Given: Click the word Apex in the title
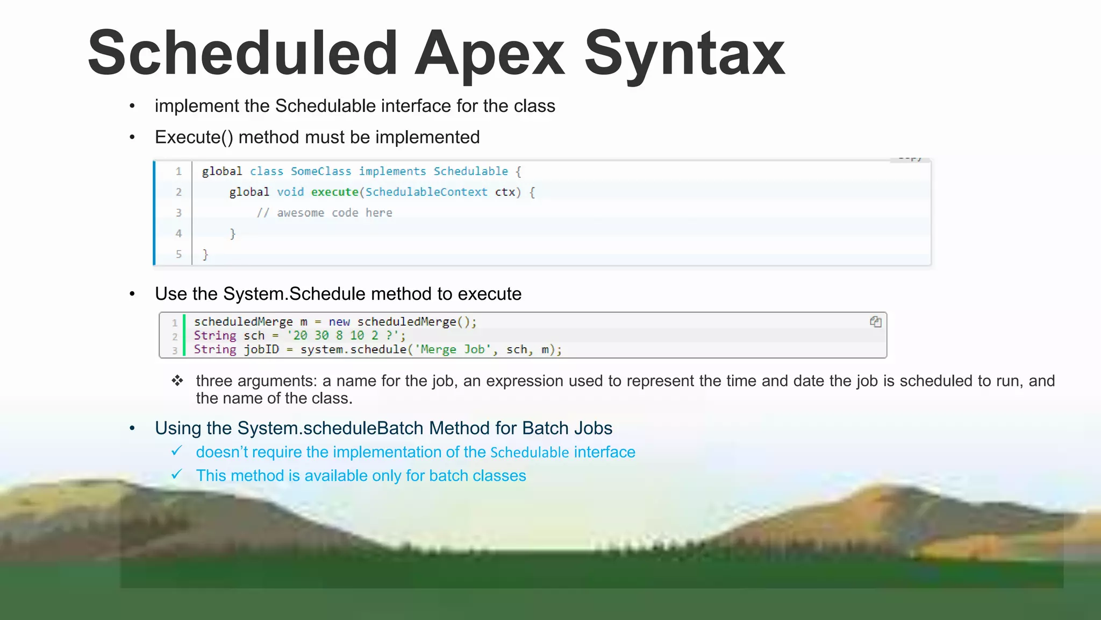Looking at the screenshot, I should pyautogui.click(x=489, y=54).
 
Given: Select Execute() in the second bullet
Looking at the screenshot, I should pyautogui.click(x=194, y=137).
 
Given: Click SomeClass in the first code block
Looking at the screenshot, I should pyautogui.click(x=321, y=171).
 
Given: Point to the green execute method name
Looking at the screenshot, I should pyautogui.click(x=334, y=192).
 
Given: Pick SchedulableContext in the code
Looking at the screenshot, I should pyautogui.click(x=426, y=192).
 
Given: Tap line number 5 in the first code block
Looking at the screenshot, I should pyautogui.click(x=178, y=254).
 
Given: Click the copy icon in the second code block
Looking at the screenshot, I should pyautogui.click(x=875, y=322).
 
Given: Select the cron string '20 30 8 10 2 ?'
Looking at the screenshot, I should pyautogui.click(x=344, y=335).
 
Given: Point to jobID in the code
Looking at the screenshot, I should pyautogui.click(x=261, y=349).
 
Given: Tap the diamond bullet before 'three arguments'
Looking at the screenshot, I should pyautogui.click(x=177, y=381).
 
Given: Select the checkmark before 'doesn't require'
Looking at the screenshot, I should pyautogui.click(x=177, y=451).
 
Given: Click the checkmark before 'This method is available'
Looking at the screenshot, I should pyautogui.click(x=177, y=475).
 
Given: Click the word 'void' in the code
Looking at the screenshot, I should pyautogui.click(x=290, y=192).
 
